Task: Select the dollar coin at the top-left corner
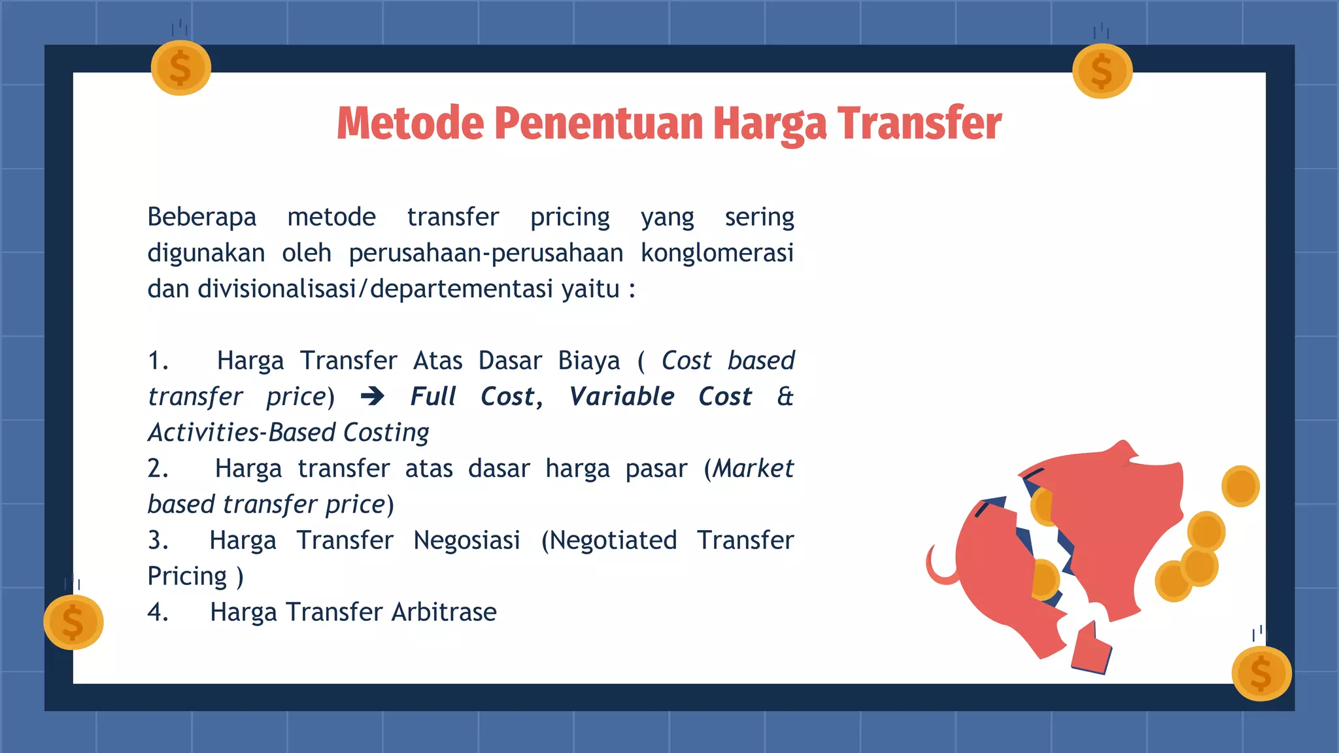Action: (180, 68)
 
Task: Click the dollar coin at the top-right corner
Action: (1102, 71)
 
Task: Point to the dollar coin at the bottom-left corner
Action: (73, 622)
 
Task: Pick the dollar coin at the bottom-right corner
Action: (1261, 673)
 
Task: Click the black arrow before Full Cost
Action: (373, 396)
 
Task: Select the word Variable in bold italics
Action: (622, 396)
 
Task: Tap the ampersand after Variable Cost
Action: (785, 396)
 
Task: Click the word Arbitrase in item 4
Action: (444, 612)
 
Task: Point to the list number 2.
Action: (158, 469)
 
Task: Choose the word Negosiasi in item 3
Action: (467, 541)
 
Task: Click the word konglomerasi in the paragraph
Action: (717, 253)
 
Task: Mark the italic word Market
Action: (753, 469)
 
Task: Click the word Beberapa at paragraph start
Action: (201, 217)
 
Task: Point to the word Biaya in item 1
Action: (588, 361)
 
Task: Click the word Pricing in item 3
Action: (187, 577)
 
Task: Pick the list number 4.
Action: (158, 612)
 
